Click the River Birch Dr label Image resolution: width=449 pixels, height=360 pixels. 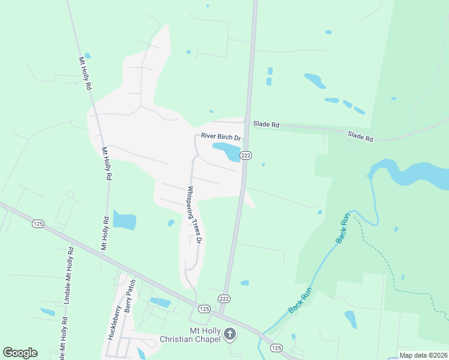221,137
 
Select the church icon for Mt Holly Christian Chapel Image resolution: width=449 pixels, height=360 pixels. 229,334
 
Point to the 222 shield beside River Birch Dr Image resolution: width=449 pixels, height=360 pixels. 246,155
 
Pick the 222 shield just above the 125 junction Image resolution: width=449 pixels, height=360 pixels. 224,298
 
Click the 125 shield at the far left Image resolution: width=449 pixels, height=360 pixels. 38,224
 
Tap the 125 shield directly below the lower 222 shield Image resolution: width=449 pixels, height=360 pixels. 204,309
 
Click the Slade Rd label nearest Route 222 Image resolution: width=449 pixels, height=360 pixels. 266,125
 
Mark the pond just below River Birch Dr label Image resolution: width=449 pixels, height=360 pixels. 227,151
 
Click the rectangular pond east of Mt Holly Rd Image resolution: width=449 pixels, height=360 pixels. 124,220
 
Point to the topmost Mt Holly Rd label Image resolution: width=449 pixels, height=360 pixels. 85,73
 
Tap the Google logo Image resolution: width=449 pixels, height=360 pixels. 20,353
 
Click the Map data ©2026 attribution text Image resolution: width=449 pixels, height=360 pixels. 423,355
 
